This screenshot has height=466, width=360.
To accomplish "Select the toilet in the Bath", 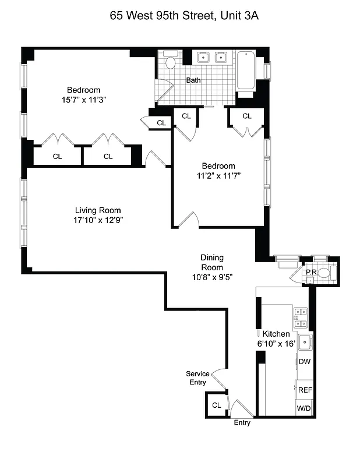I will (x=171, y=61).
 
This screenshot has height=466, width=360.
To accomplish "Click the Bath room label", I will (x=193, y=80).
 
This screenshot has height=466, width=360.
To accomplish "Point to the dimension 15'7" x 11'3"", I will (x=83, y=100).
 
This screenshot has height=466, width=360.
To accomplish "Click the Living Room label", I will (x=98, y=210).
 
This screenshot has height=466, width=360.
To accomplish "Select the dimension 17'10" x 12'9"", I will (x=98, y=220).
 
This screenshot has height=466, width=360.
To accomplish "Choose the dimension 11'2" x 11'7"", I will (x=218, y=175).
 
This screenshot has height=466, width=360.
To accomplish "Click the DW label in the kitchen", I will (x=304, y=362).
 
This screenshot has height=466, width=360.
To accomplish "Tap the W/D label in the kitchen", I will (x=304, y=409).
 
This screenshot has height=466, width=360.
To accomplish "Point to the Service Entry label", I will (x=197, y=378).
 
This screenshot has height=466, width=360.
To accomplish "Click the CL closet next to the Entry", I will (x=216, y=405).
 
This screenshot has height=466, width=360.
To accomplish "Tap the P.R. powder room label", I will (x=310, y=271).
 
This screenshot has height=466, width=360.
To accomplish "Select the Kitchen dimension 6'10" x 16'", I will (x=276, y=344).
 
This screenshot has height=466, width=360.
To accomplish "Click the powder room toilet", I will (x=324, y=273).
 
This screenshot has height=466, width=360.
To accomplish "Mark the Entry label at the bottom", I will (x=242, y=423).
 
